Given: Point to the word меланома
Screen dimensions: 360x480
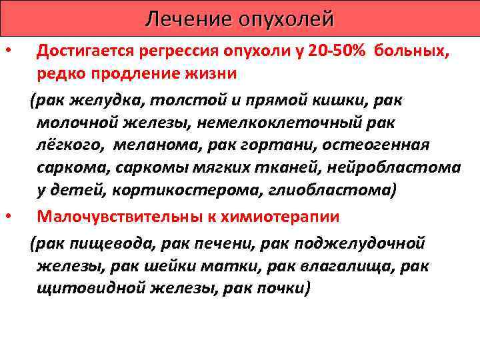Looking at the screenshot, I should pos(164,145).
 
